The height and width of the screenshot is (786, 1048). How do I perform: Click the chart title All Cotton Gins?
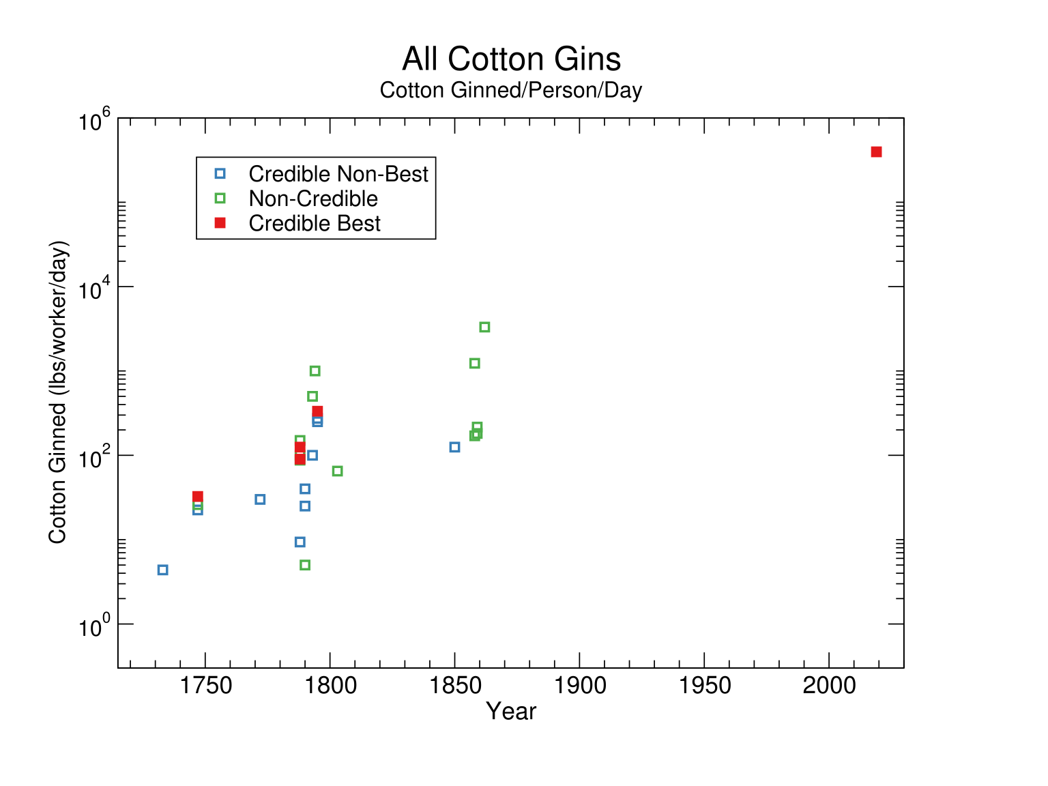pos(511,59)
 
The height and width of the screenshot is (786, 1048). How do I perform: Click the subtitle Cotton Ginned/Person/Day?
pos(511,90)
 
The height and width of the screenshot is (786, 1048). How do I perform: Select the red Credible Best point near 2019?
pos(876,151)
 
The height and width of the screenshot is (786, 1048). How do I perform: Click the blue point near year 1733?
pos(162,570)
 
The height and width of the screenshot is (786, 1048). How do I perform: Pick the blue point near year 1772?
pos(260,499)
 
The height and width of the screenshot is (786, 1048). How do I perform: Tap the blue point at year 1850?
pos(454,447)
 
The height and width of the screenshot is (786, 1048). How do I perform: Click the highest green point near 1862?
pos(484,327)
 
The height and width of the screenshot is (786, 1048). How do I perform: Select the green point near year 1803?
pos(337,471)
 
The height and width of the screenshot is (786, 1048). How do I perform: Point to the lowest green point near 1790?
pos(305,565)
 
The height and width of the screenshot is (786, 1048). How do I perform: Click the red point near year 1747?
pos(198,497)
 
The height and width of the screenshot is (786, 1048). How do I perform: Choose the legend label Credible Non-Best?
pos(338,174)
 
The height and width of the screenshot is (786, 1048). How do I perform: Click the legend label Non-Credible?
pos(313,199)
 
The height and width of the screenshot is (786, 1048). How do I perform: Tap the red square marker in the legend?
pos(220,223)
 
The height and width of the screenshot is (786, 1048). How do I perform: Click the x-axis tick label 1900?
pos(579,686)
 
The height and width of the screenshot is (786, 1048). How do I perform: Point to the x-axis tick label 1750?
pos(205,686)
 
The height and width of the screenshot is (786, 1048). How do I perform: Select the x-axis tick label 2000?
pos(828,686)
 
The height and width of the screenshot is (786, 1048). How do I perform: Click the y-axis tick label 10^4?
pos(94,289)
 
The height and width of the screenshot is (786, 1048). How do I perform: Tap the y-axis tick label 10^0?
pos(94,626)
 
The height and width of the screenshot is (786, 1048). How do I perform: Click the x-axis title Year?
pos(511,712)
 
